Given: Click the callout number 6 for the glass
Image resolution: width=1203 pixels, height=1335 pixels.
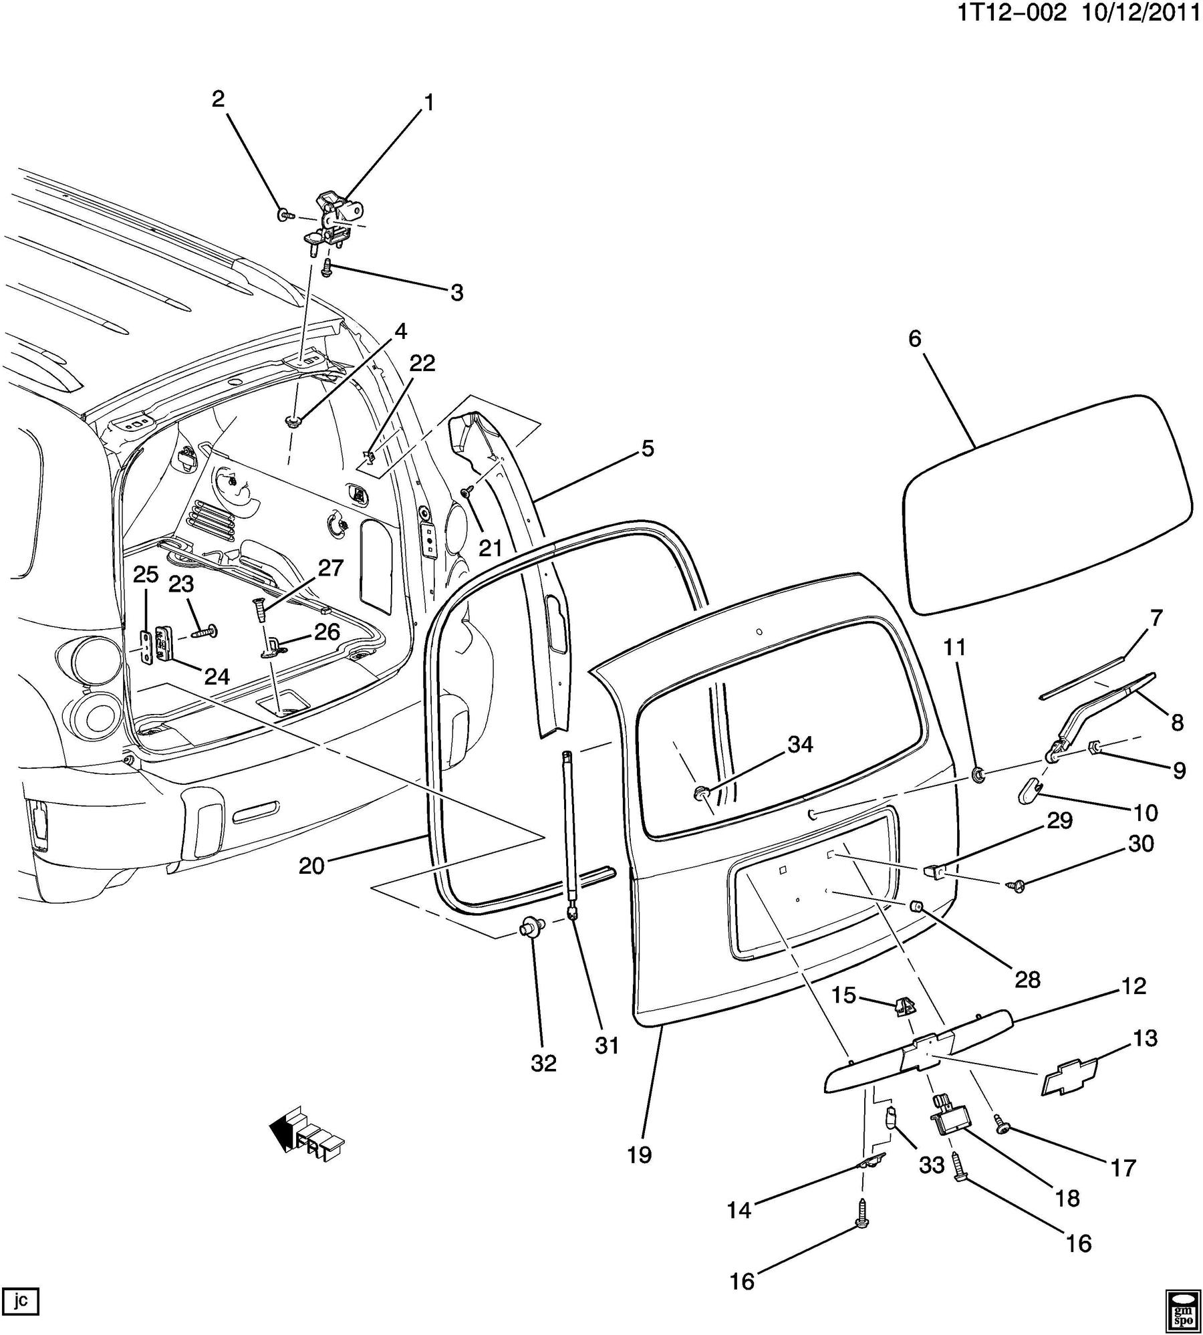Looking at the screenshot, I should [914, 339].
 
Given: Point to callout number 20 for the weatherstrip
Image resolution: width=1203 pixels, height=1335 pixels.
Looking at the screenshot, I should [311, 866].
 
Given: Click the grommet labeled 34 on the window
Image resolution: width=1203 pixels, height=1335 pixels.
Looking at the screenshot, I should [701, 794].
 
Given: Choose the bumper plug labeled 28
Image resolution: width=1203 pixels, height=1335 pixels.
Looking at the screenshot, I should [917, 906].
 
